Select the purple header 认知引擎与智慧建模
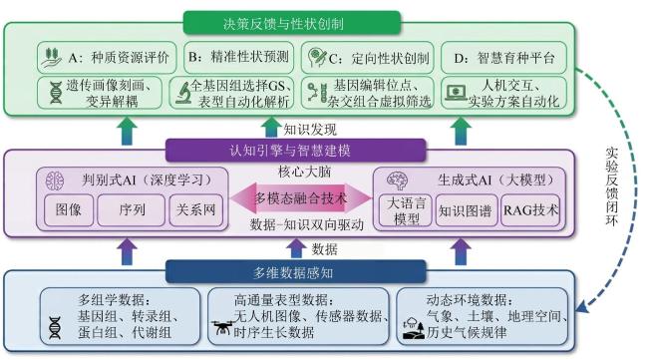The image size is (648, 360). [x=295, y=150]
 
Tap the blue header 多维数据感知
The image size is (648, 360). [x=295, y=272]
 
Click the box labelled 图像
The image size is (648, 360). [x=69, y=210]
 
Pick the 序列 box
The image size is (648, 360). [x=131, y=210]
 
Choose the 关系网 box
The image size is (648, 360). [x=195, y=210]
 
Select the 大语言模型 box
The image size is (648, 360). [x=406, y=210]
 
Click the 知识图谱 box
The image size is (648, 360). [x=467, y=210]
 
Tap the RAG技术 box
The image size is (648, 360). [x=530, y=210]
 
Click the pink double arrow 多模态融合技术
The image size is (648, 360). [x=301, y=198]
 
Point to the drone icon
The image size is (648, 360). [x=222, y=328]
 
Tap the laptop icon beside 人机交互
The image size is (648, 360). [x=456, y=93]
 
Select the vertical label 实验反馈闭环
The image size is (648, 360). [x=612, y=186]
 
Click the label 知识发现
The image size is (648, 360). [x=310, y=130]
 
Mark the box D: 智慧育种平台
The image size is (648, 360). [x=503, y=58]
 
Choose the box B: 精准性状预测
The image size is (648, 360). [x=238, y=57]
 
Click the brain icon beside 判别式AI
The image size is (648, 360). [x=55, y=180]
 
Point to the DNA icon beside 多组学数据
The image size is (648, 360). [x=55, y=328]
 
